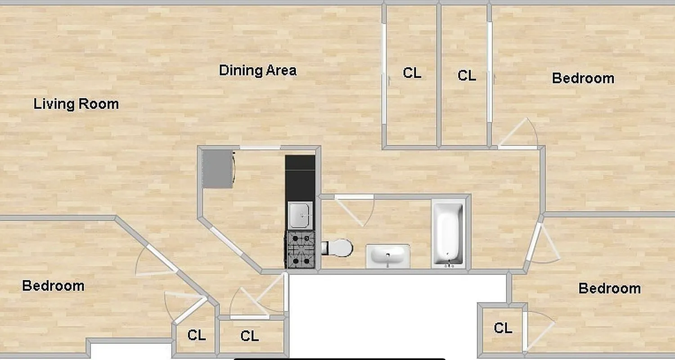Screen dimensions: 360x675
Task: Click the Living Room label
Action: click(76, 104)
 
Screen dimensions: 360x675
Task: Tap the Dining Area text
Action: click(257, 71)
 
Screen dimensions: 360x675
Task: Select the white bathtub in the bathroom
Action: click(448, 234)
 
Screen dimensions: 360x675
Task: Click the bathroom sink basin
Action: click(387, 256)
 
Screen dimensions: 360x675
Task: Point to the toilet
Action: click(338, 248)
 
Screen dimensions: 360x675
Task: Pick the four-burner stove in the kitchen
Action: click(300, 250)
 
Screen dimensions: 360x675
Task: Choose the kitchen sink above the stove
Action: click(300, 215)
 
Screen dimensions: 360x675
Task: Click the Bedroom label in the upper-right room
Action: click(583, 78)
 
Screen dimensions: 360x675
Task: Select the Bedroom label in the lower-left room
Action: click(53, 286)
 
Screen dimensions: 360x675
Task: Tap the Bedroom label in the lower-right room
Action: click(609, 288)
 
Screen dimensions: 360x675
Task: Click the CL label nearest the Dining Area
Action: click(412, 73)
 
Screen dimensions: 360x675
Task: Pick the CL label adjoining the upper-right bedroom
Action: click(467, 75)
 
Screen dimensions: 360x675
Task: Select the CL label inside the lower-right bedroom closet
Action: click(503, 328)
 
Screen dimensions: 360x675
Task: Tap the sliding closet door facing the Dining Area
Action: click(384, 74)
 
